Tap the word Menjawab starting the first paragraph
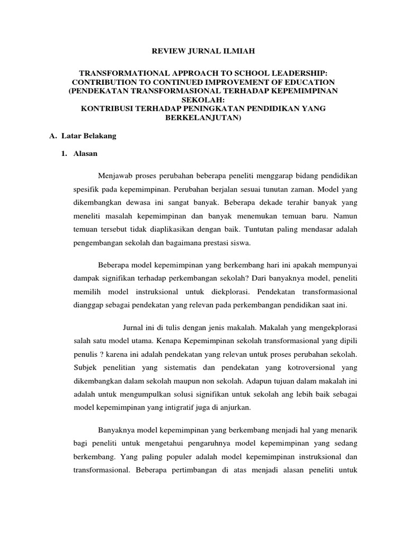[114, 175]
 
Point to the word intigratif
[173, 407]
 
